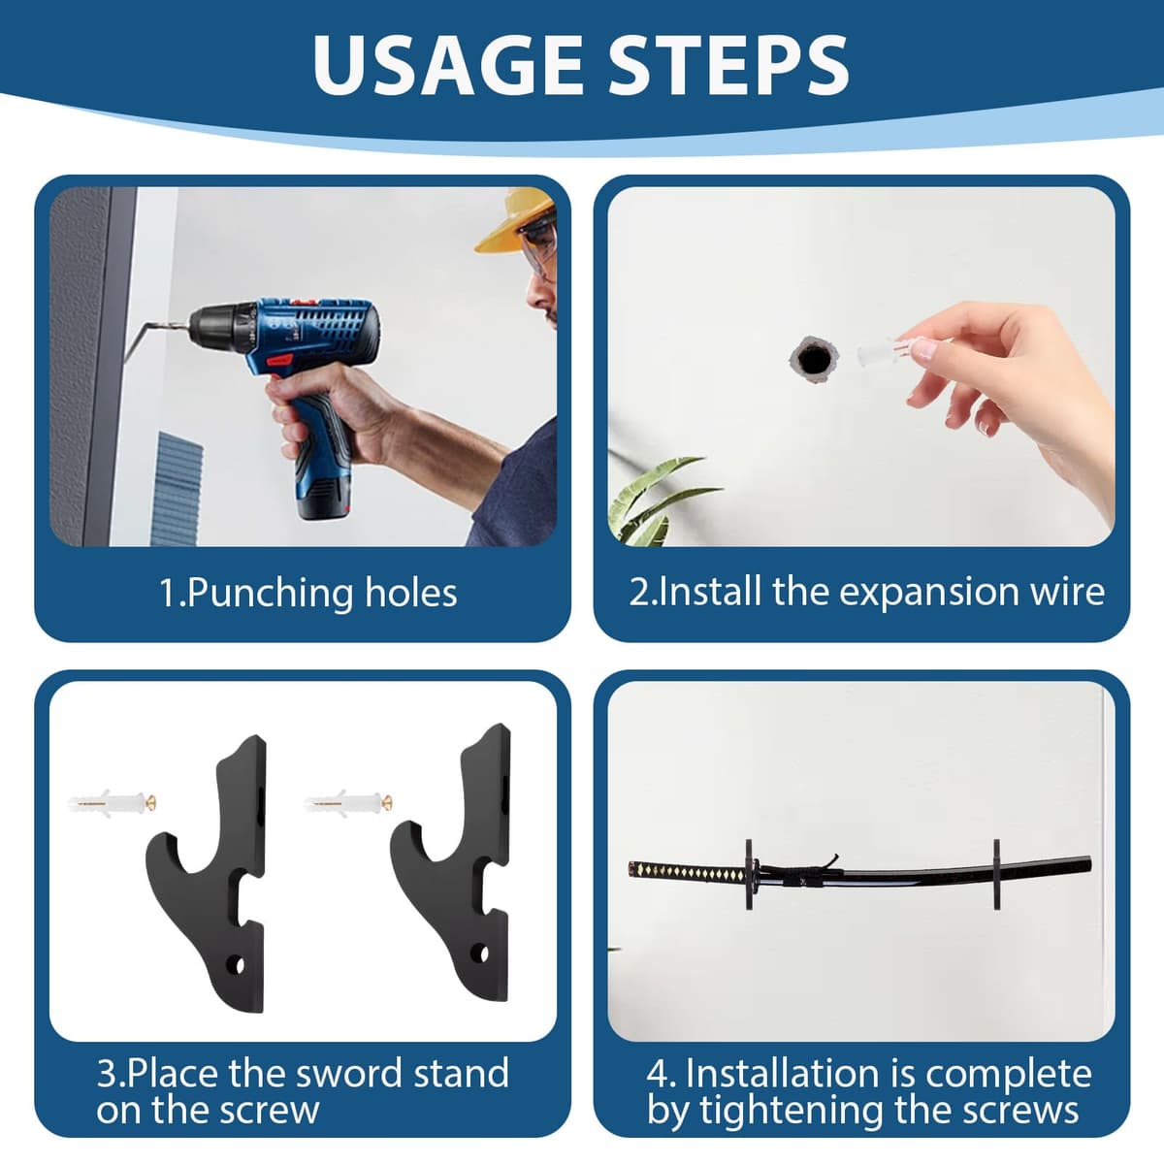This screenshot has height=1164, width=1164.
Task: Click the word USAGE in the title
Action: pos(447,65)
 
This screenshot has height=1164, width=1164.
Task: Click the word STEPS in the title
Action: pos(728,65)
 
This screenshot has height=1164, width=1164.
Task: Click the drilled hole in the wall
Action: pos(814,361)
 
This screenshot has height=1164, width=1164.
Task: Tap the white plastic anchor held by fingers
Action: pos(877,351)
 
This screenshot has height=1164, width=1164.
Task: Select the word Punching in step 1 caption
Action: pos(270,594)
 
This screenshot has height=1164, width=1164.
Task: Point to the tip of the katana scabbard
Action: pos(1090,864)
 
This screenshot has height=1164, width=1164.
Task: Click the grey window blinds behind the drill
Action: pos(176,489)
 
